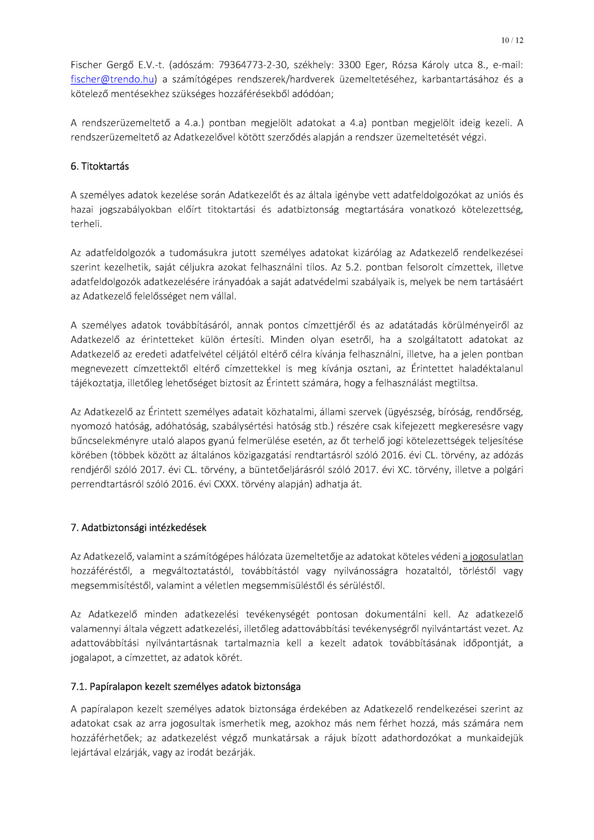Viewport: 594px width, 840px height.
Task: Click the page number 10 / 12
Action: pos(512,40)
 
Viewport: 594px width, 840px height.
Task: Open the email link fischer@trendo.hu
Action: pos(112,79)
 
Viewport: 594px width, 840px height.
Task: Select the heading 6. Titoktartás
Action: pos(100,166)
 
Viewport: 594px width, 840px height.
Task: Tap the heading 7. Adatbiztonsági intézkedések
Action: pos(139,528)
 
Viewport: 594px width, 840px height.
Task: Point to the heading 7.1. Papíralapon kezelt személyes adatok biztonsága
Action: pos(185,687)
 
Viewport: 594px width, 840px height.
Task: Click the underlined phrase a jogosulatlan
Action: pos(493,556)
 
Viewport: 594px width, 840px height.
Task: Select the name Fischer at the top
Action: pos(86,65)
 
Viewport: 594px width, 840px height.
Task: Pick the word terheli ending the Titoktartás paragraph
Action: pos(86,224)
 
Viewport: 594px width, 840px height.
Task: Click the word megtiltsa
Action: pos(457,383)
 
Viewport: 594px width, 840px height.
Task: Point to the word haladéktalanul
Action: pos(491,369)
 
